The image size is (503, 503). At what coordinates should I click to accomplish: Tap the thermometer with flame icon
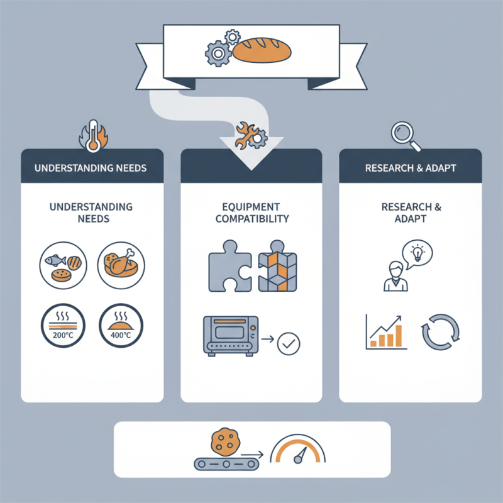(92, 136)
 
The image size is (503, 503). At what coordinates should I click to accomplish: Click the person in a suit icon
(395, 277)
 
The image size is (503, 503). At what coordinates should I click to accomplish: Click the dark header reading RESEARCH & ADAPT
(410, 169)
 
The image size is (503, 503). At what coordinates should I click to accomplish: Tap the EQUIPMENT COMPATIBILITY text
(251, 213)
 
